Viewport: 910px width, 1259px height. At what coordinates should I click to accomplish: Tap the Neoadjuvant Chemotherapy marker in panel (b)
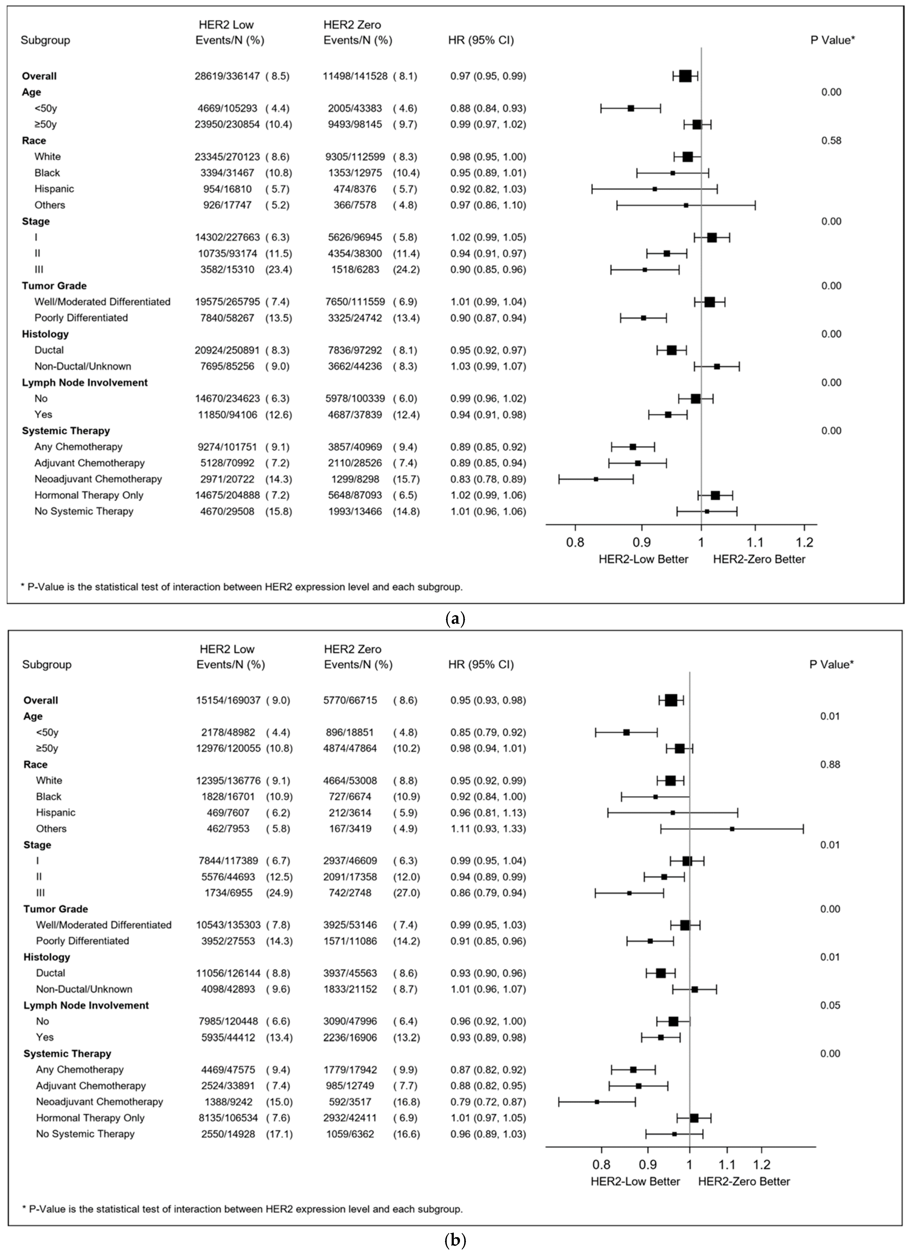pyautogui.click(x=597, y=1101)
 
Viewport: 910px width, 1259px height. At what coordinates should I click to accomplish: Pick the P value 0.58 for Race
pyautogui.click(x=831, y=140)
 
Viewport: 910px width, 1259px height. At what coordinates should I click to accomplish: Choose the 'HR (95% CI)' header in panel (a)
pyautogui.click(x=481, y=40)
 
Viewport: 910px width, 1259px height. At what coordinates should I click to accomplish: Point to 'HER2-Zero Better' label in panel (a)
pyautogui.click(x=759, y=559)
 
